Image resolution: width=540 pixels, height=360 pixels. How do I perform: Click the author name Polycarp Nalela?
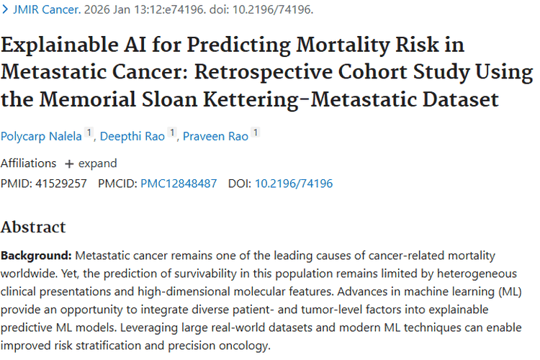point(41,136)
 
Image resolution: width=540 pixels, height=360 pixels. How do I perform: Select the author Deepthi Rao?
point(132,136)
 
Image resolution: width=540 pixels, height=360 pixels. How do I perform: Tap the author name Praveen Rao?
point(217,136)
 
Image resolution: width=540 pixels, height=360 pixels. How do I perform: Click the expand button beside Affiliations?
point(91,163)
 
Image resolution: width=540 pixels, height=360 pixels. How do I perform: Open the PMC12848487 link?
point(179,184)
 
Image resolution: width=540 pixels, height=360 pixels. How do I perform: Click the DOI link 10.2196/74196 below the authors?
point(294,184)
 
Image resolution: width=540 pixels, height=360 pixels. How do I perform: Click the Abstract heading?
point(33,228)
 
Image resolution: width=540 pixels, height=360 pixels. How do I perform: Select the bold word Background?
point(36,256)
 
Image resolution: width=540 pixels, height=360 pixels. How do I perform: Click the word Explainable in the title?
point(57,45)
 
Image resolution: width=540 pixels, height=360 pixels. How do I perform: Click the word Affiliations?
point(28,163)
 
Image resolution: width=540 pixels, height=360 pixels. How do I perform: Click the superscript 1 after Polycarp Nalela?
point(89,132)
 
